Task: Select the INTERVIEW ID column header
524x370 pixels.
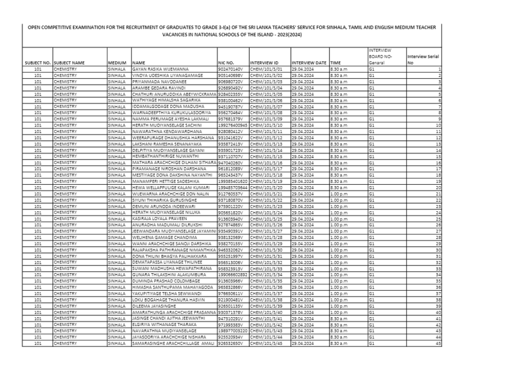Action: (264, 62)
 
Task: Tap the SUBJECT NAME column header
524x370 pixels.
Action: (69, 62)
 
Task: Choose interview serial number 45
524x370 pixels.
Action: (438, 343)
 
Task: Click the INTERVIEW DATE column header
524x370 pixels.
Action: (309, 62)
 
